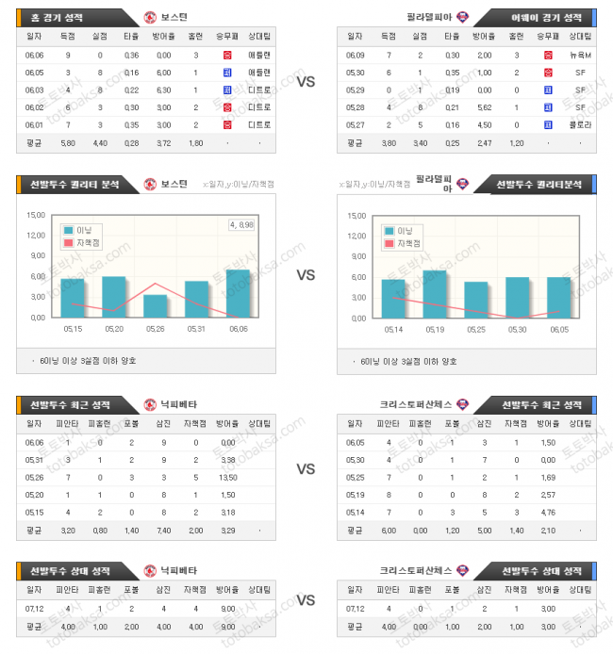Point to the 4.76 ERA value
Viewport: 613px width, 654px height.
pos(548,512)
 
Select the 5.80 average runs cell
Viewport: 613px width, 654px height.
pos(67,143)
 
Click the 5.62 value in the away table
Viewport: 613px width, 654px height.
pos(485,106)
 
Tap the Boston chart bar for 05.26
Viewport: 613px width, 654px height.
pos(156,305)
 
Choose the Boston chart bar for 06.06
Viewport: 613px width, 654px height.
pos(238,293)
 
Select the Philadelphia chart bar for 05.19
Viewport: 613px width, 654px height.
pos(435,293)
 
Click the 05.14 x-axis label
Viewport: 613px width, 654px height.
pos(393,329)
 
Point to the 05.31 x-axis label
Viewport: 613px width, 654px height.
pos(196,329)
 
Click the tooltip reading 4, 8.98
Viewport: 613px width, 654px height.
pos(243,224)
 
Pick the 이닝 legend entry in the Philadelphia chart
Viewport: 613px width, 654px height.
pos(404,230)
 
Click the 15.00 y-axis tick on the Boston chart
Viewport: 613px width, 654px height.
pos(36,214)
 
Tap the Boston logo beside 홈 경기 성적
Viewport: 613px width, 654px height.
pos(151,17)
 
